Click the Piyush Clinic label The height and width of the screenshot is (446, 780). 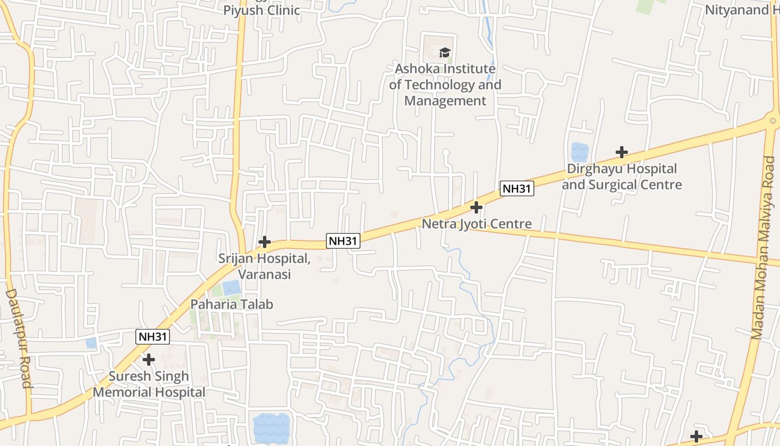point(261,10)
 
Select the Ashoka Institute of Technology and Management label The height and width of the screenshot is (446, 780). point(445,85)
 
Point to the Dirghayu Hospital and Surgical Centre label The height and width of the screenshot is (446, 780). point(622,176)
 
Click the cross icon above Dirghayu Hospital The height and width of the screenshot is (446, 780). point(622,152)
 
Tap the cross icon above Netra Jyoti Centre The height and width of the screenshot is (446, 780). point(476,207)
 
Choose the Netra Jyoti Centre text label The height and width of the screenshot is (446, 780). point(476,224)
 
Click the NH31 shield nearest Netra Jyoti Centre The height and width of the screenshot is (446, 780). point(516,188)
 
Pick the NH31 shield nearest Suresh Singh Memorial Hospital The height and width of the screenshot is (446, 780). point(153,337)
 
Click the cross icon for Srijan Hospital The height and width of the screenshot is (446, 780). point(265,242)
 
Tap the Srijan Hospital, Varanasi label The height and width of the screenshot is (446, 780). point(265,266)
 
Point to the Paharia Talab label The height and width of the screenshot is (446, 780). point(232,304)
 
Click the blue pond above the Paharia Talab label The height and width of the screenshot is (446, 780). point(231,288)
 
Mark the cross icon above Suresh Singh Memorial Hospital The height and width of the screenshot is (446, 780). point(149,360)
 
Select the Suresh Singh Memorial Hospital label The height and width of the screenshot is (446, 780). point(149,384)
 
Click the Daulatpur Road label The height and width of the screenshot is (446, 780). point(18,338)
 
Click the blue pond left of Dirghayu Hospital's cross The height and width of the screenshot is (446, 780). point(579,152)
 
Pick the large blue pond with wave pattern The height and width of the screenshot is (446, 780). point(271,426)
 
